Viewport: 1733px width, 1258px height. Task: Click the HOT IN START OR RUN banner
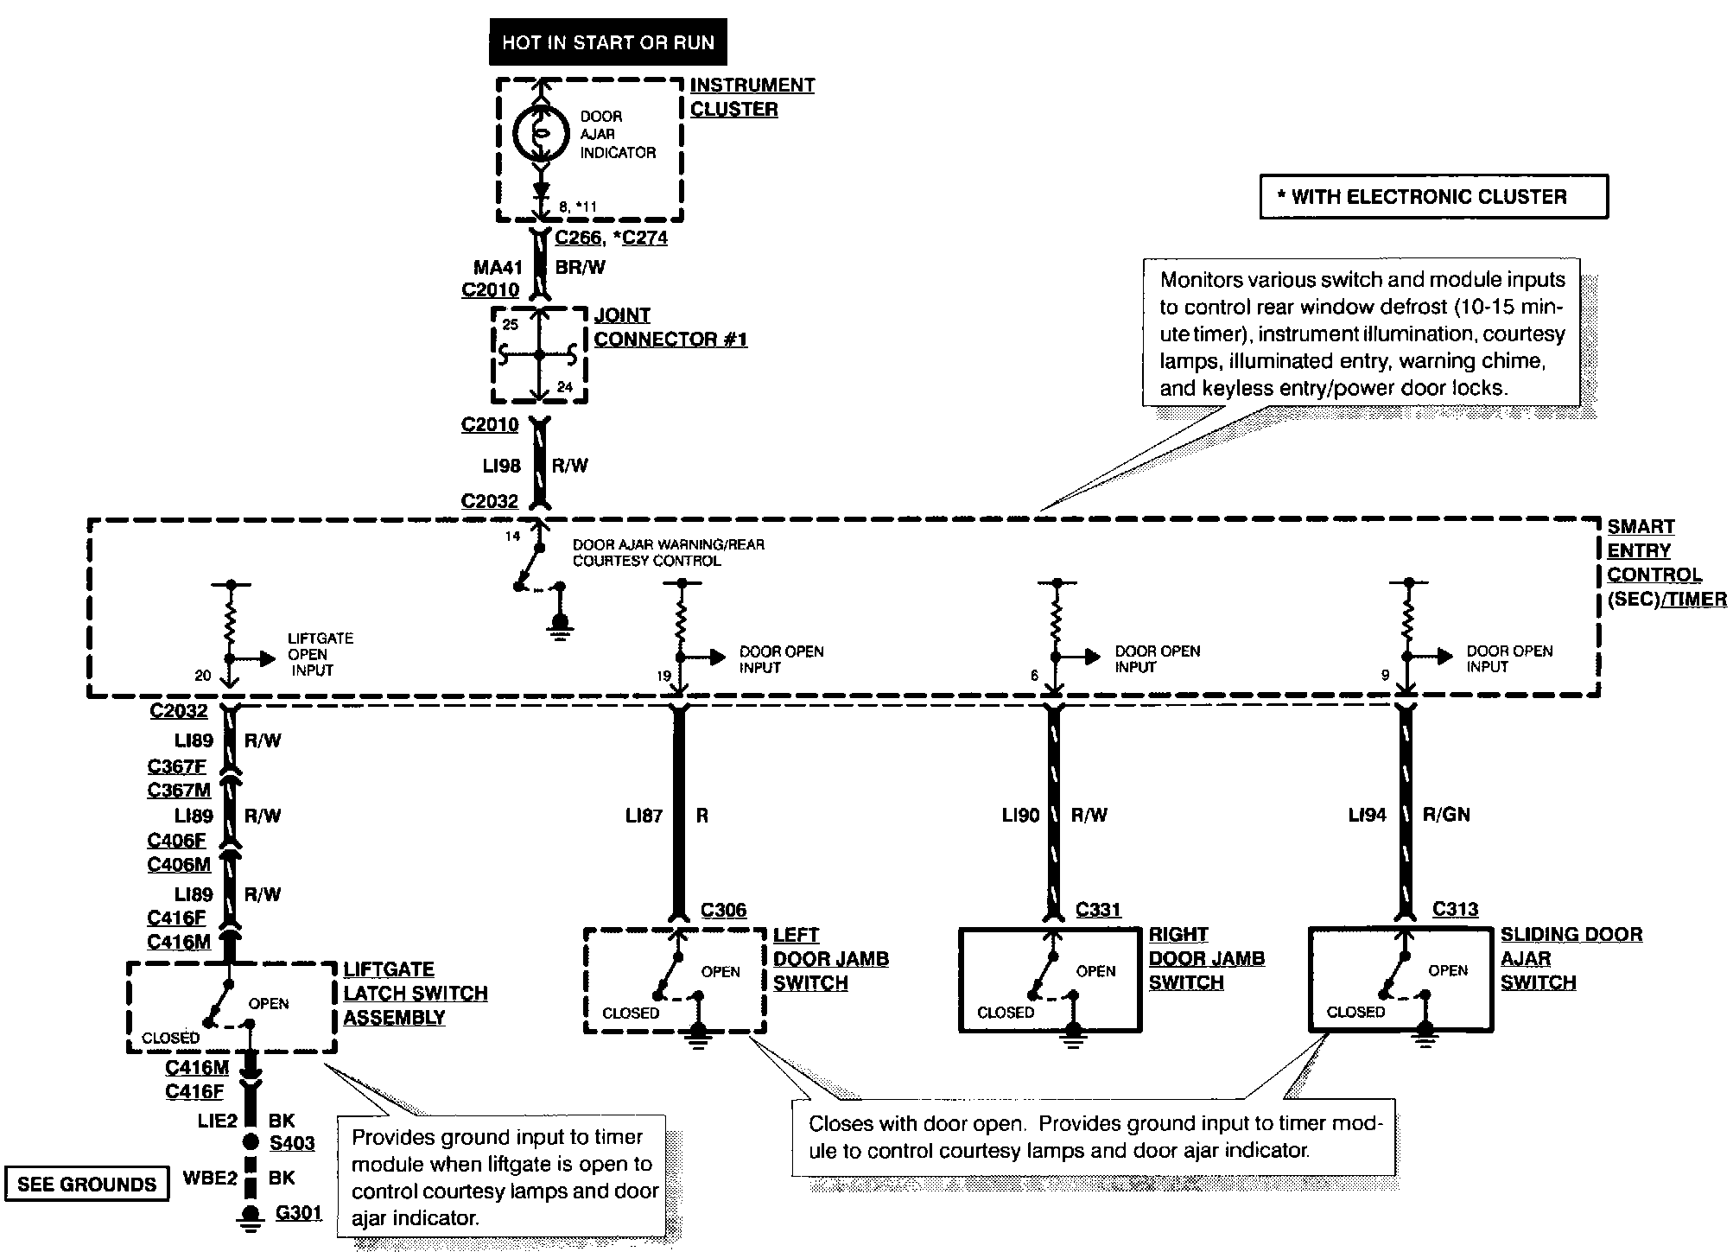coord(607,42)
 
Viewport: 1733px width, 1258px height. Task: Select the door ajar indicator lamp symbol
coord(540,133)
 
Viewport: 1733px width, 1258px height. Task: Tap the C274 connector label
coord(644,238)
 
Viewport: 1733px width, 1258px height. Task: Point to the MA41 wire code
coord(498,268)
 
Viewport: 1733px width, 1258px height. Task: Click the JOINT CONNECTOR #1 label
coord(670,327)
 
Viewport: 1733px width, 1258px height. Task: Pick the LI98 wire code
coord(501,466)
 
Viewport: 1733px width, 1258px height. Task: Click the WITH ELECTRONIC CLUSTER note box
coord(1433,197)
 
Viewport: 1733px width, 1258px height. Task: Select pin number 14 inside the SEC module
coord(512,537)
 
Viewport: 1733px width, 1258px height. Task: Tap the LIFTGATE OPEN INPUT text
coord(320,654)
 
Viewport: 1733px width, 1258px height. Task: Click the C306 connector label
coord(723,910)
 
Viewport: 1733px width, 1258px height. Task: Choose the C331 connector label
coord(1098,910)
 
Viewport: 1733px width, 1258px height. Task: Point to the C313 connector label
coord(1455,909)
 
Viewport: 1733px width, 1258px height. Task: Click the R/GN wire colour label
coord(1445,815)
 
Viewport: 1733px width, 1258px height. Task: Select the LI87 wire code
coord(644,816)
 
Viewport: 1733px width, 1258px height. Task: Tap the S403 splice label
coord(292,1143)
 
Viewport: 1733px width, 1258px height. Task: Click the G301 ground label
coord(298,1213)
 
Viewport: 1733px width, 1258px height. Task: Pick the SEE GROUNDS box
coord(86,1184)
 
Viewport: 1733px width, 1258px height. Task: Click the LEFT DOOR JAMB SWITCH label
coord(830,959)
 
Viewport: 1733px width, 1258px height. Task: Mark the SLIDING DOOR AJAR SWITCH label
coord(1571,958)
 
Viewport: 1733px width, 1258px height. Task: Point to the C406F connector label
coord(176,841)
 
